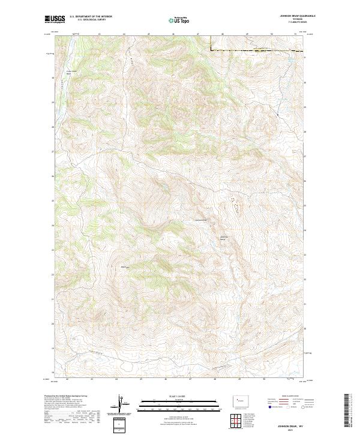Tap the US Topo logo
pyautogui.click(x=178, y=20)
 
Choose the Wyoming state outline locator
pyautogui.click(x=237, y=400)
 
